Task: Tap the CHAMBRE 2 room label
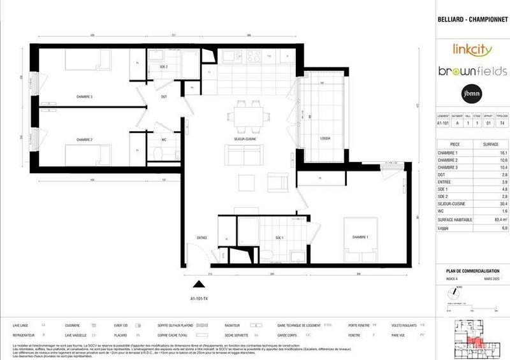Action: click(84, 140)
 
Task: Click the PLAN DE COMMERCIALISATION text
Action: click(467, 271)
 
